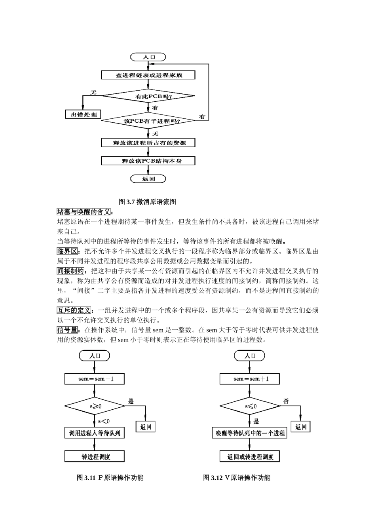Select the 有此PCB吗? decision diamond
pyautogui.click(x=148, y=96)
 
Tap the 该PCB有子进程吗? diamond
pyautogui.click(x=148, y=121)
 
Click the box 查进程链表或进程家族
pyautogui.click(x=148, y=75)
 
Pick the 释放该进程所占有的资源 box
pyautogui.click(x=148, y=142)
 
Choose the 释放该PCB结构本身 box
pyautogui.click(x=148, y=161)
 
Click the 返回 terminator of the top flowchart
pyautogui.click(x=148, y=179)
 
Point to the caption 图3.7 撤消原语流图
pyautogui.click(x=147, y=201)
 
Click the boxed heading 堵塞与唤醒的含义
pyautogui.click(x=84, y=212)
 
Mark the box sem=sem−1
pyautogui.click(x=95, y=379)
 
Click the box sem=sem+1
pyautogui.click(x=250, y=379)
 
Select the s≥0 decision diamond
pyautogui.click(x=95, y=406)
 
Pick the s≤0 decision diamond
pyautogui.click(x=250, y=406)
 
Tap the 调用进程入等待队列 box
pyautogui.click(x=95, y=433)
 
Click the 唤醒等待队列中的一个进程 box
pyautogui.click(x=250, y=433)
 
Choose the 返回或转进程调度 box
pyautogui.click(x=250, y=457)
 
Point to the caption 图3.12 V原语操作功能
pyautogui.click(x=237, y=477)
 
